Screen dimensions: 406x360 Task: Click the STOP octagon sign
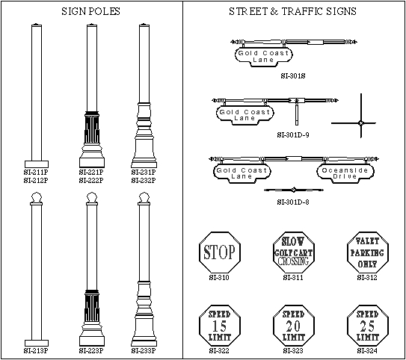pyautogui.click(x=220, y=252)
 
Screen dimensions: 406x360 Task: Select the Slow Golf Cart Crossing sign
pyautogui.click(x=294, y=252)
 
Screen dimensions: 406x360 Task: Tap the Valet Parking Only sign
pyautogui.click(x=368, y=252)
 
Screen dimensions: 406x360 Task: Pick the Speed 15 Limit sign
pyautogui.click(x=220, y=326)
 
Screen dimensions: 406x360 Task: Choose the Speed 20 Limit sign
pyautogui.click(x=294, y=326)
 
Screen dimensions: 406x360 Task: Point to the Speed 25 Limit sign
pyautogui.click(x=368, y=326)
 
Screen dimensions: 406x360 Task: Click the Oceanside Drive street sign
pyautogui.click(x=345, y=173)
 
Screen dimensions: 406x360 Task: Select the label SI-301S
pyautogui.click(x=293, y=75)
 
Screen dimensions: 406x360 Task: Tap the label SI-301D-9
pyautogui.click(x=293, y=134)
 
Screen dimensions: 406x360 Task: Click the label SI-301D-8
pyautogui.click(x=293, y=202)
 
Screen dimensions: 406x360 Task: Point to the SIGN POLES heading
pyautogui.click(x=91, y=11)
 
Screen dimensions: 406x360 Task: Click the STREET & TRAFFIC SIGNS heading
pyautogui.click(x=292, y=11)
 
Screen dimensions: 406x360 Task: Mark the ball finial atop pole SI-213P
pyautogui.click(x=37, y=197)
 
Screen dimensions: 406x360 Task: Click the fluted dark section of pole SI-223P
pyautogui.click(x=92, y=306)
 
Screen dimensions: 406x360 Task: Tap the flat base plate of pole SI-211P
pyautogui.click(x=37, y=164)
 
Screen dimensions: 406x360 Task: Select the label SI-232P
pyautogui.click(x=144, y=180)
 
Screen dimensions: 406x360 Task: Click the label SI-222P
pyautogui.click(x=91, y=180)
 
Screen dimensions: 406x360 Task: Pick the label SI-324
pyautogui.click(x=367, y=351)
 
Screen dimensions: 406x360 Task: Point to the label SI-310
pyautogui.click(x=219, y=278)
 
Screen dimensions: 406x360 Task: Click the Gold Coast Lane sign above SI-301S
pyautogui.click(x=264, y=56)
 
